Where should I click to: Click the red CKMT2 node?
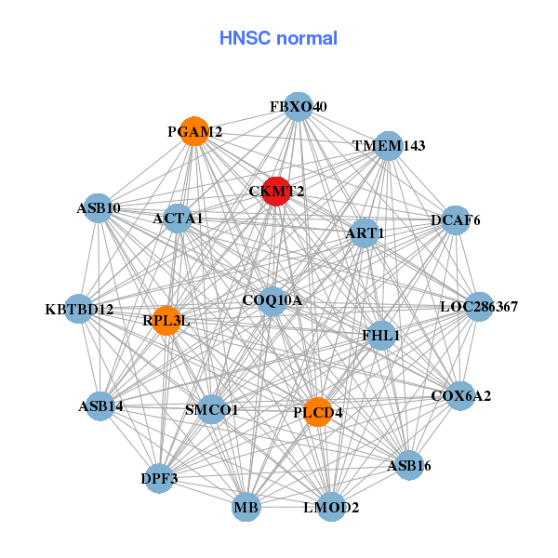point(275,191)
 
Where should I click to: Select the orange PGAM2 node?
point(193,131)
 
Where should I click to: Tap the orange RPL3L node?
point(166,321)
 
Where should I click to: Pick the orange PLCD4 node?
point(318,412)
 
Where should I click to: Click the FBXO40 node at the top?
point(298,107)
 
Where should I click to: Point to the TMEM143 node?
point(389,146)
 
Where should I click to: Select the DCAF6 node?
point(455,220)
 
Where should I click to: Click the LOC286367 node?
point(478,306)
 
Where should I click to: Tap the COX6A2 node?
point(460,395)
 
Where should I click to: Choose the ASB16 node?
point(409,464)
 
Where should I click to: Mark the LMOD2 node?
point(331,507)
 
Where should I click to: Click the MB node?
point(246,507)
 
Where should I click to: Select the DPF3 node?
point(160,478)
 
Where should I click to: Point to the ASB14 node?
point(100,405)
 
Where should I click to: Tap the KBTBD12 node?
point(79,309)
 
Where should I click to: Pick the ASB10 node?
point(99,208)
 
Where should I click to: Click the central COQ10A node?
point(272,300)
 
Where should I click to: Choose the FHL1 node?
point(381,335)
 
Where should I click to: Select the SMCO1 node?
point(212,409)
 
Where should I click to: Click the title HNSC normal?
point(278,38)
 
